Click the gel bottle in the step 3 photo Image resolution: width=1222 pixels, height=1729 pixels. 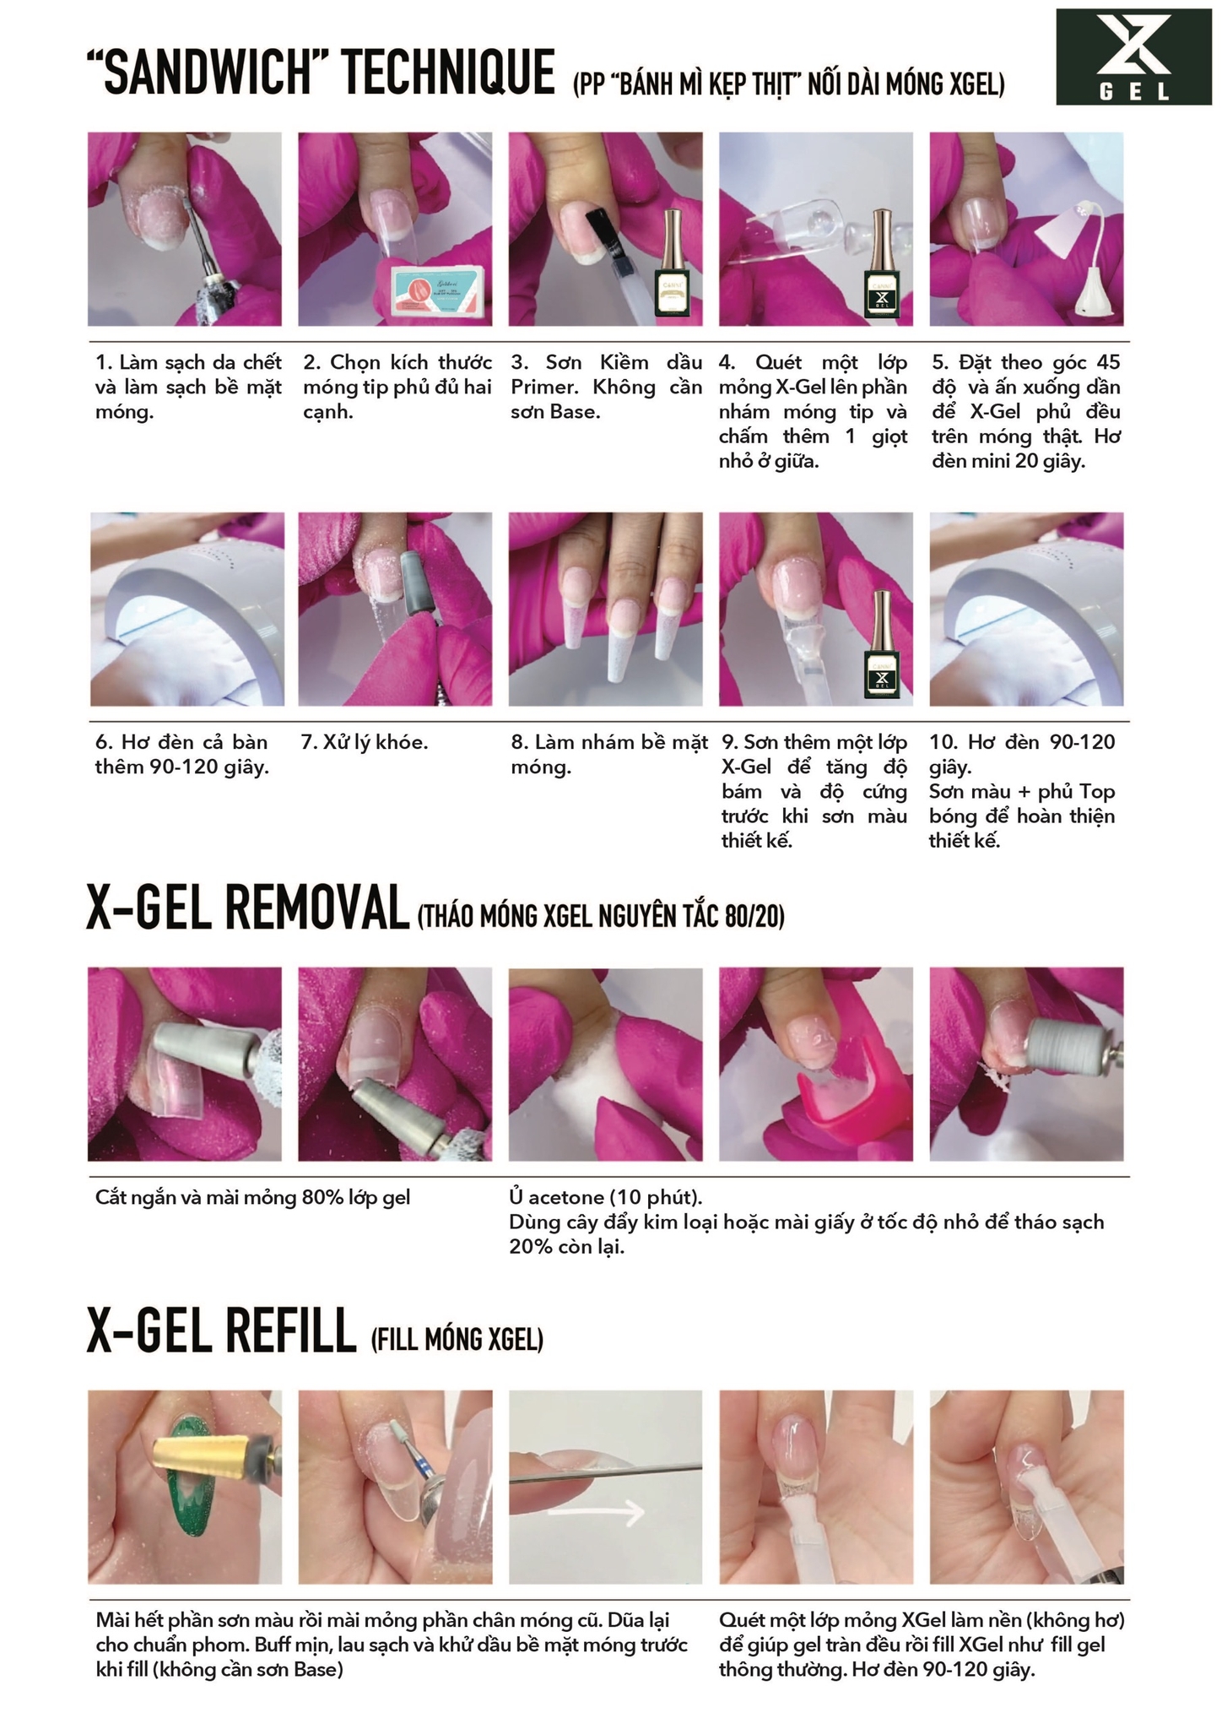[x=673, y=263]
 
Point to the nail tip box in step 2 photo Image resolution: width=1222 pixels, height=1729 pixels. [x=441, y=290]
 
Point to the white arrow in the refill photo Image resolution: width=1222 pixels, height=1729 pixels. [x=597, y=1515]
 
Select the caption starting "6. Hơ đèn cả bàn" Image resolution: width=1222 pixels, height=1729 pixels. [x=181, y=755]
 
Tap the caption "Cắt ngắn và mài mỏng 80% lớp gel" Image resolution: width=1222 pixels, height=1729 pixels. [x=252, y=1198]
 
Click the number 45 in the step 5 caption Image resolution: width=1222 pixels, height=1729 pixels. [x=1107, y=363]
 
